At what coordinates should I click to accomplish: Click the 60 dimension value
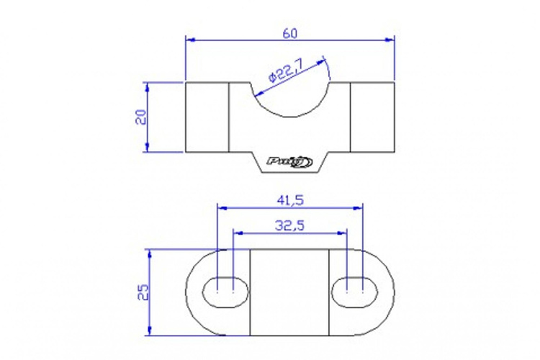[x=289, y=34]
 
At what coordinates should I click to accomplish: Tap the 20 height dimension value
[x=141, y=117]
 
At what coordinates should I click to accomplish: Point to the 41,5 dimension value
[x=290, y=200]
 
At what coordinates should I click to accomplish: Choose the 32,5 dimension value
[x=289, y=225]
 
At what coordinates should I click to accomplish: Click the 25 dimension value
[x=143, y=292]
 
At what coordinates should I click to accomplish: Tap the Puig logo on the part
[x=289, y=161]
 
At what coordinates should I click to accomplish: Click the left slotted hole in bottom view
[x=225, y=292]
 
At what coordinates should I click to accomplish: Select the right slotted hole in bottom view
[x=354, y=292]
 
